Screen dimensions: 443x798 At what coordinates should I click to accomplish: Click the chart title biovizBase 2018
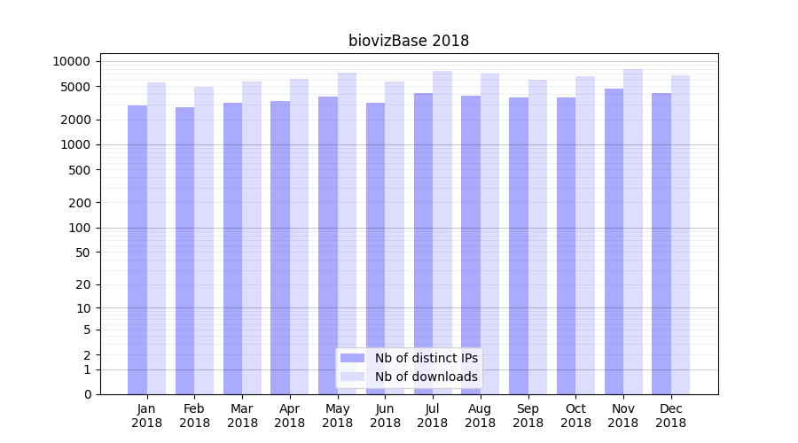pos(408,41)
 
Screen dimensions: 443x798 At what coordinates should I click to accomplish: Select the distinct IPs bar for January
pos(137,248)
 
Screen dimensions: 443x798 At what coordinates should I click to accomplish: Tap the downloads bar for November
pos(633,230)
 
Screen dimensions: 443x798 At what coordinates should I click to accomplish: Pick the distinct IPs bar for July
pos(423,244)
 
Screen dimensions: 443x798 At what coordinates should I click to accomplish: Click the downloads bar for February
pos(204,239)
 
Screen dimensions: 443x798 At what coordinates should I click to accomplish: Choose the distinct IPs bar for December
pos(661,244)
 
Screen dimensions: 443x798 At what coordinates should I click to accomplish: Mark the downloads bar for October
pos(585,235)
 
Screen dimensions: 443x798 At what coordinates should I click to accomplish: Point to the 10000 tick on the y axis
pos(72,61)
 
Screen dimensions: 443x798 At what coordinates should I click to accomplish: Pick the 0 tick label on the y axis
pos(87,394)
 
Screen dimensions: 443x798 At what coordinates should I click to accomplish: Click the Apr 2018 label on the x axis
pos(290,416)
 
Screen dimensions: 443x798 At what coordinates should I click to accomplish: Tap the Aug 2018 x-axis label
pos(481,416)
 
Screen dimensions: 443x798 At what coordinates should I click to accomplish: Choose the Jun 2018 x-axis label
pos(385,416)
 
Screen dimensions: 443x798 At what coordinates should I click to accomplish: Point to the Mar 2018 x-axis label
pos(242,416)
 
